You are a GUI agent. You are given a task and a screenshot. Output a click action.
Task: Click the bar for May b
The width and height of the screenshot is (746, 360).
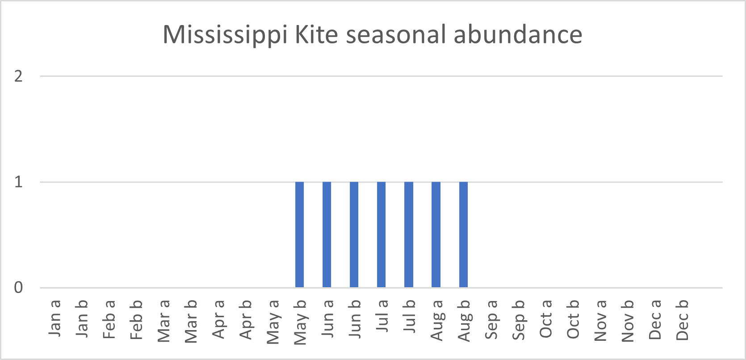pyautogui.click(x=300, y=234)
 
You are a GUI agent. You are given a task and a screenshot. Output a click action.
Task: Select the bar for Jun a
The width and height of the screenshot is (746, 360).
pyautogui.click(x=327, y=234)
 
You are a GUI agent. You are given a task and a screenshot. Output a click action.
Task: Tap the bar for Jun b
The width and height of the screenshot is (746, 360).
pyautogui.click(x=354, y=234)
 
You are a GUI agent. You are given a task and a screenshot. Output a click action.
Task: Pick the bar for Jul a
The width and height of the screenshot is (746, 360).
pyautogui.click(x=381, y=234)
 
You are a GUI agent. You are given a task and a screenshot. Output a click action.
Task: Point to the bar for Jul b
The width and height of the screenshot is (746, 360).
pyautogui.click(x=409, y=234)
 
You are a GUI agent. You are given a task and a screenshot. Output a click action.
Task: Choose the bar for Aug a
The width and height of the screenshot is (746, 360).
pyautogui.click(x=436, y=234)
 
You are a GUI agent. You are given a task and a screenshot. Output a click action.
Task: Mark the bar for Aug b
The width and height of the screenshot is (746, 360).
pyautogui.click(x=464, y=234)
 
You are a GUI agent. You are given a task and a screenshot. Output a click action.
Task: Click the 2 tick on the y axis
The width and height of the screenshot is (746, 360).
pyautogui.click(x=18, y=76)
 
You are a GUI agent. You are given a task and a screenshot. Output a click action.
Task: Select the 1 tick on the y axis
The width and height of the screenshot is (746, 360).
pyautogui.click(x=18, y=182)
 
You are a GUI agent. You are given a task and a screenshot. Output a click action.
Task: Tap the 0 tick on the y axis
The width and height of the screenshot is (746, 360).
pyautogui.click(x=18, y=288)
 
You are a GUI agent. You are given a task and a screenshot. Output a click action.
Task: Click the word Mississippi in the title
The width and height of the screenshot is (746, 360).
pyautogui.click(x=225, y=35)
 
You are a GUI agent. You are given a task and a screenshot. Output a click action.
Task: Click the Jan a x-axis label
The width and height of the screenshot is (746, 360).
pyautogui.click(x=54, y=318)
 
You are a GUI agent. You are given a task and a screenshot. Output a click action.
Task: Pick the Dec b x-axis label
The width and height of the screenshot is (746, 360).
pyautogui.click(x=682, y=320)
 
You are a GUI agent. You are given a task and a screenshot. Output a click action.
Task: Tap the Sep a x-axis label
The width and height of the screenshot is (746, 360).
pyautogui.click(x=491, y=319)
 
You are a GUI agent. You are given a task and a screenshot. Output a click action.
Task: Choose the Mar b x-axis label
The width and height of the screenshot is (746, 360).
pyautogui.click(x=191, y=321)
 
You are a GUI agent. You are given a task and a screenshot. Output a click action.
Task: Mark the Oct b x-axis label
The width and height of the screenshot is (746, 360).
pyautogui.click(x=573, y=319)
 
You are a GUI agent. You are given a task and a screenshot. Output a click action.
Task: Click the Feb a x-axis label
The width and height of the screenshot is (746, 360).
pyautogui.click(x=109, y=319)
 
